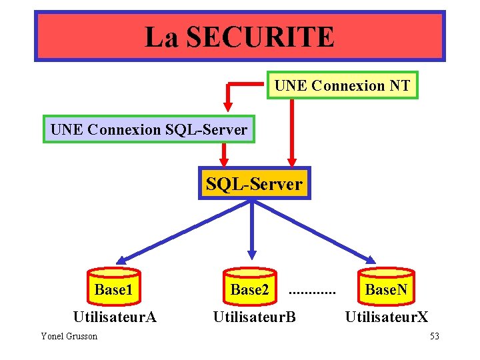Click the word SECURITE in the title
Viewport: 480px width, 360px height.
tap(260, 37)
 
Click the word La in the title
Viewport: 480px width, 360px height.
tap(162, 37)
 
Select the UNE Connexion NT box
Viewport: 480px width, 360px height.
tap(342, 85)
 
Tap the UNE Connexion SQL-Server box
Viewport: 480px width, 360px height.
tap(149, 129)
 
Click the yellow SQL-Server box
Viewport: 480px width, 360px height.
tap(254, 183)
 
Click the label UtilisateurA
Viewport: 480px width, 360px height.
tap(115, 317)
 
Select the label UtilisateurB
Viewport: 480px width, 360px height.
tap(254, 317)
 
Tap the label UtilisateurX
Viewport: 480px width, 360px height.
tap(387, 317)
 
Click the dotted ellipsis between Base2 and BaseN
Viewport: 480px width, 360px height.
tap(312, 292)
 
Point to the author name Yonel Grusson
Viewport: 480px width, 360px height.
tap(69, 336)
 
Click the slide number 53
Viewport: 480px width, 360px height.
tap(434, 336)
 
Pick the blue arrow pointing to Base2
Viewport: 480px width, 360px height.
tap(252, 230)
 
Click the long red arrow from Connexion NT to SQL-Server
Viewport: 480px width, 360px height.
tap(291, 130)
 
